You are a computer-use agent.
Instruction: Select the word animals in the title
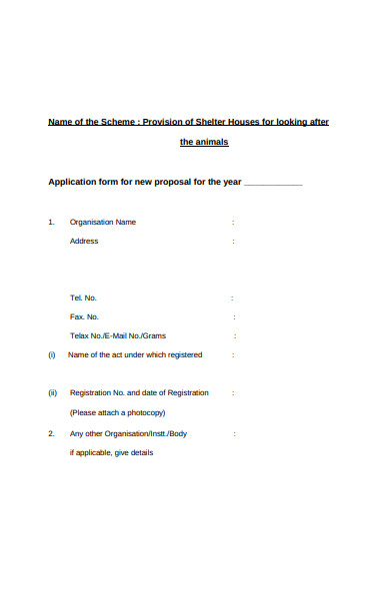[212, 143]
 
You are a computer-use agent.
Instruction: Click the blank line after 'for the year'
[273, 184]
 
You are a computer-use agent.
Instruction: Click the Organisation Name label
[102, 222]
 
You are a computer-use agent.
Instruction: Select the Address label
[84, 242]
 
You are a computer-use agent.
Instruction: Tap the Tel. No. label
[83, 298]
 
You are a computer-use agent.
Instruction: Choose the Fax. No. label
[84, 316]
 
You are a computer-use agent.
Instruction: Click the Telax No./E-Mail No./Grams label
[117, 335]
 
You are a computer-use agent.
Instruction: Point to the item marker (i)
[52, 354]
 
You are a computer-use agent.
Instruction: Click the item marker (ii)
[53, 393]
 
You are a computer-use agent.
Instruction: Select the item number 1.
[51, 222]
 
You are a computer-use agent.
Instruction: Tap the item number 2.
[51, 434]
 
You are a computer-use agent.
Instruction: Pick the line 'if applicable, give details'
[111, 453]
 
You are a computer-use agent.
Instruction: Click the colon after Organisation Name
[233, 222]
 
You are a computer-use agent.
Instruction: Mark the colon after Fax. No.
[233, 316]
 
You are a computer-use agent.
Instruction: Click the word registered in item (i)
[184, 354]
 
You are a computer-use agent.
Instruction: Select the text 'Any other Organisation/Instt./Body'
[128, 434]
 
